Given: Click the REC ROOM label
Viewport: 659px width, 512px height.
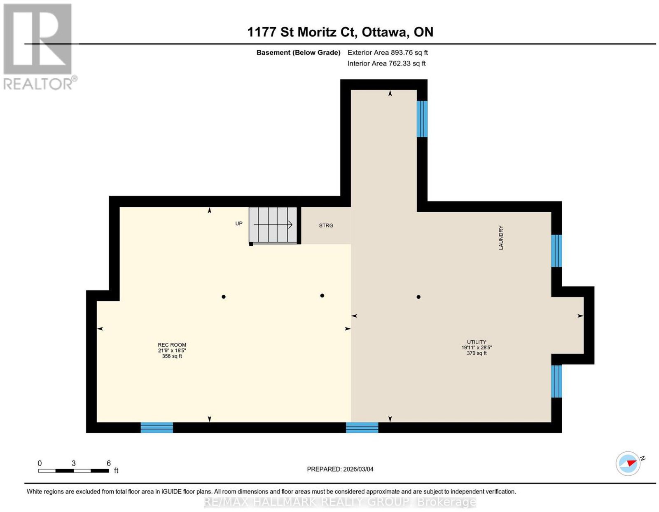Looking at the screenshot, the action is [172, 345].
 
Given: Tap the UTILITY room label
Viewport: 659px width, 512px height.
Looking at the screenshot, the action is [477, 342].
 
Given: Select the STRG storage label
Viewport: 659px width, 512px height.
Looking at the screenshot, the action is [326, 226].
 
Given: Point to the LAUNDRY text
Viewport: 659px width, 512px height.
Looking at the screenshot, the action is [501, 238].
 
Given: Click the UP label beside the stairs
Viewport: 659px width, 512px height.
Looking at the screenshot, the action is [238, 223].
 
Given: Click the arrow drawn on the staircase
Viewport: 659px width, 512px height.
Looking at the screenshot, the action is [273, 224].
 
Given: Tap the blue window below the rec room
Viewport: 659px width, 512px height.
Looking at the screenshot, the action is [157, 428].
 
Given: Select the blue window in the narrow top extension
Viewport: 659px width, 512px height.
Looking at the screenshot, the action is [422, 119].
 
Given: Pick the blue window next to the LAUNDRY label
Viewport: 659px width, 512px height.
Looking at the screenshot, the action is [556, 251].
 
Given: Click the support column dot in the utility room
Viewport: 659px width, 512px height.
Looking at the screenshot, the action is [418, 297].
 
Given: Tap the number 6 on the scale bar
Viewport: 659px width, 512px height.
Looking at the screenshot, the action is [109, 463].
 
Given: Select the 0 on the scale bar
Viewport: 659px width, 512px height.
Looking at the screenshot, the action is [40, 463].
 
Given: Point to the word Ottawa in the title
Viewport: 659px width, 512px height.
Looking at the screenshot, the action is [385, 32].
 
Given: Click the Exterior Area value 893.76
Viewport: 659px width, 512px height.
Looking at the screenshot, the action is [402, 52].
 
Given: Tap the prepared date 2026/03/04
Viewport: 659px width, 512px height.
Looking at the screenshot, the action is [358, 469].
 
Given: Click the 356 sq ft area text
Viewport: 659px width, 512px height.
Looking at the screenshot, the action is [172, 356].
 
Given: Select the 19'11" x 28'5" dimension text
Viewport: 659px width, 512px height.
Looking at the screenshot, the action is [477, 347].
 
